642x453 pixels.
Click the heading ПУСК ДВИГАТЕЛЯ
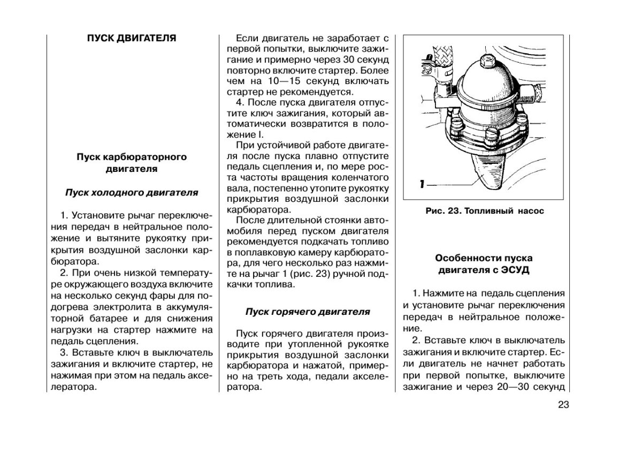(x=131, y=39)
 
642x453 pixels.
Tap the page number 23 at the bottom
(x=562, y=405)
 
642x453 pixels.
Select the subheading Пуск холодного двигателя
(x=132, y=192)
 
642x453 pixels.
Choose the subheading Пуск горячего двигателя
(x=308, y=311)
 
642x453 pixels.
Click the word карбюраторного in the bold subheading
(x=151, y=157)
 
